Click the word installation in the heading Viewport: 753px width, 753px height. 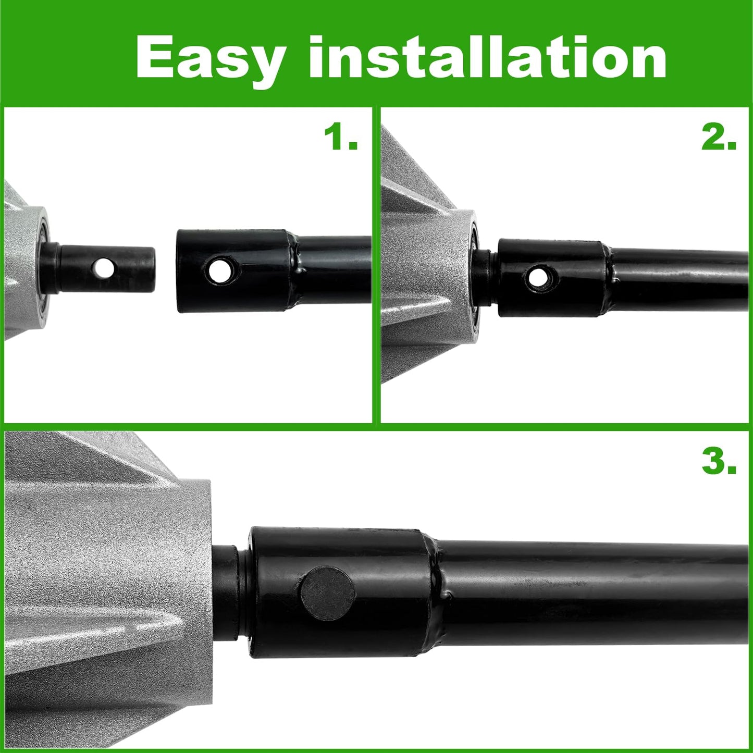click(488, 57)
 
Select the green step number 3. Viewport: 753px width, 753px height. click(719, 462)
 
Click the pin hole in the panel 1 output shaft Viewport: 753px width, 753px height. click(103, 268)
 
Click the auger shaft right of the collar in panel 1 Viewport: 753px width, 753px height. click(334, 269)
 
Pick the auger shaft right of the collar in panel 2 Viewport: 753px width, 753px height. click(680, 278)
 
